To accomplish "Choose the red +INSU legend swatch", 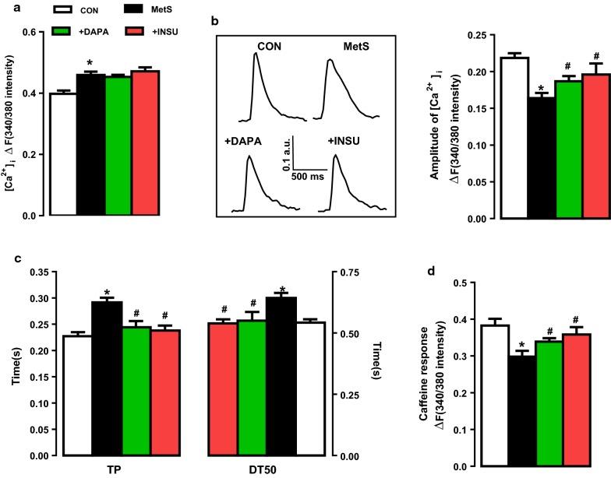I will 146,31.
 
